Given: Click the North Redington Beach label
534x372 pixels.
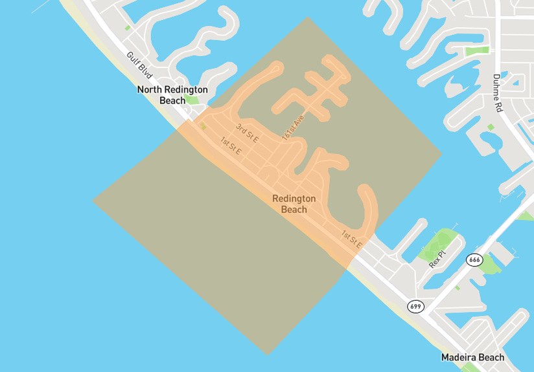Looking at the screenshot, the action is [172, 94].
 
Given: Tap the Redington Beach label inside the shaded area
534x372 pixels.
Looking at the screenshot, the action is [294, 204].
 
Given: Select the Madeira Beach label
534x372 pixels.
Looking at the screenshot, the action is [472, 357].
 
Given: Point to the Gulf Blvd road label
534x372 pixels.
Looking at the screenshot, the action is [140, 66].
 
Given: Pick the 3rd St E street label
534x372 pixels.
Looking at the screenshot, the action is [247, 132].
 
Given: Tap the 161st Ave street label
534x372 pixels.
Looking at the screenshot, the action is [293, 128].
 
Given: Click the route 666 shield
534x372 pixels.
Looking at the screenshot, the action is [474, 259].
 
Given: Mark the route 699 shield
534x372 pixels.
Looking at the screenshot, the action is [415, 305].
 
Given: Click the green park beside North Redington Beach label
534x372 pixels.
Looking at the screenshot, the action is [192, 100].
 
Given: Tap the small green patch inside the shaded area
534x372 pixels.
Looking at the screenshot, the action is [203, 126].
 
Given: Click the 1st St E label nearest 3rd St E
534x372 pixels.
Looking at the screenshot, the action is [230, 146].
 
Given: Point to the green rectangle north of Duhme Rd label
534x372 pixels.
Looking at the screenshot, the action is [478, 50].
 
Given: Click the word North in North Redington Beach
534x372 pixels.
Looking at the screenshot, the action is [150, 89].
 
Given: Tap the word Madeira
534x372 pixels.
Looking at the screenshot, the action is [459, 357].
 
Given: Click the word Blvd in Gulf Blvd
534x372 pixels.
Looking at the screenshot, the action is [145, 71].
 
